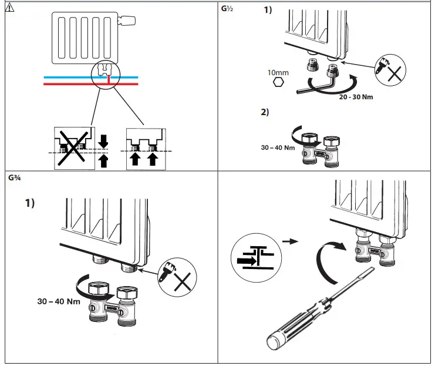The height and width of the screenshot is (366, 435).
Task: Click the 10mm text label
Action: coord(278,72)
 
